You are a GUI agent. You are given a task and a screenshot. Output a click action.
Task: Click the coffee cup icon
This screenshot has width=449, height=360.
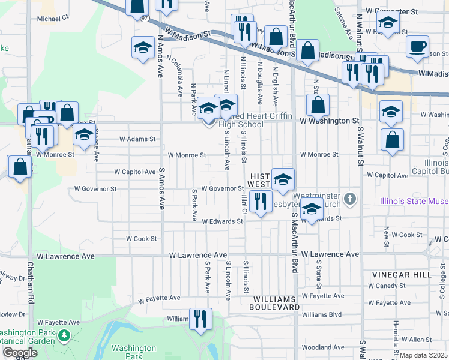(417, 46)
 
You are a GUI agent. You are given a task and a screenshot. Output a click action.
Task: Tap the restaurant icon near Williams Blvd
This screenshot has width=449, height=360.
(200, 318)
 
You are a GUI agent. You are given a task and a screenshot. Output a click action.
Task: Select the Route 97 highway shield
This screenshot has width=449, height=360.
(146, 19)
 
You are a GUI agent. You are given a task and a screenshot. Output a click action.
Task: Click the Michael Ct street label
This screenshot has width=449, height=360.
(53, 19)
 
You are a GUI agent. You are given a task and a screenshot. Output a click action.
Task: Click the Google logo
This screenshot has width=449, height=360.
(19, 352)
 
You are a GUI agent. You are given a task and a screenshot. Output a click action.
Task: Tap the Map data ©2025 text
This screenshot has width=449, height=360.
(423, 355)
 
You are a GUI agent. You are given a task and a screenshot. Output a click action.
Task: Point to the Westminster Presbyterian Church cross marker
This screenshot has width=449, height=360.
(351, 197)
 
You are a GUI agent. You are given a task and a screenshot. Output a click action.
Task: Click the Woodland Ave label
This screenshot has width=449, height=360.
(324, 347)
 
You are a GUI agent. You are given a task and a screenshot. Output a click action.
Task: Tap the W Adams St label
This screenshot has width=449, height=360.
(137, 139)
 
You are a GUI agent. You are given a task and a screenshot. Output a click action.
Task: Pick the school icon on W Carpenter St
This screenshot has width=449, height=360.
(388, 23)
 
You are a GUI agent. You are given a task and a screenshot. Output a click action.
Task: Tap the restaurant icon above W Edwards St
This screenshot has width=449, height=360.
(260, 201)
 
